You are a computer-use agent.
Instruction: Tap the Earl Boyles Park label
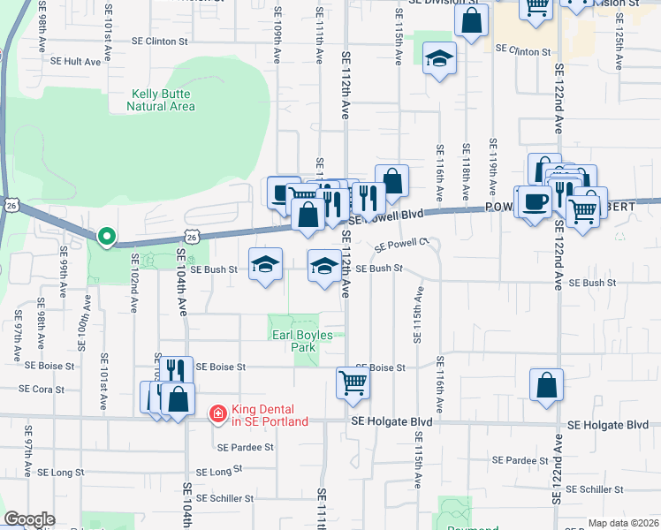click(x=293, y=341)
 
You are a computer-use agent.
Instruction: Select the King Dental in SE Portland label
click(x=270, y=415)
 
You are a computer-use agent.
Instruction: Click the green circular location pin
click(x=106, y=236)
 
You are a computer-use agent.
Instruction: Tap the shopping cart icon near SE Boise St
click(x=353, y=383)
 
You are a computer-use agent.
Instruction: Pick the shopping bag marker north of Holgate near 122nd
click(x=547, y=383)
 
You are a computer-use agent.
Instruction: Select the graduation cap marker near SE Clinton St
click(x=439, y=59)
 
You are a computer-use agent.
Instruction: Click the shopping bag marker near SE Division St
click(x=471, y=20)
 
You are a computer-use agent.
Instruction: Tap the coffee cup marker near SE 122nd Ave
click(x=535, y=202)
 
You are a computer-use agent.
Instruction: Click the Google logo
click(x=29, y=519)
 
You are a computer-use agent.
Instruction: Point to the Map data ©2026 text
click(x=623, y=523)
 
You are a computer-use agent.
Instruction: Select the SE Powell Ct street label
click(x=402, y=245)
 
